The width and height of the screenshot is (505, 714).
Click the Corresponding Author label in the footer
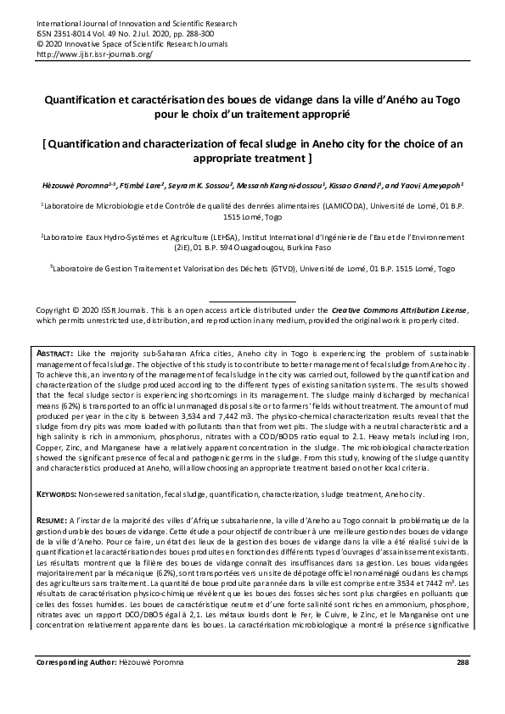point(79,685)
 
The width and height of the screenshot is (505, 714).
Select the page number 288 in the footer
point(462,685)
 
